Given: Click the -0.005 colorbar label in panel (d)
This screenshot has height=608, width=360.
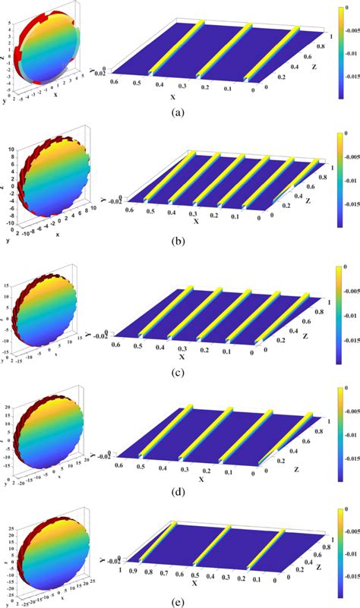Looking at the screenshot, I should point(349,417).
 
